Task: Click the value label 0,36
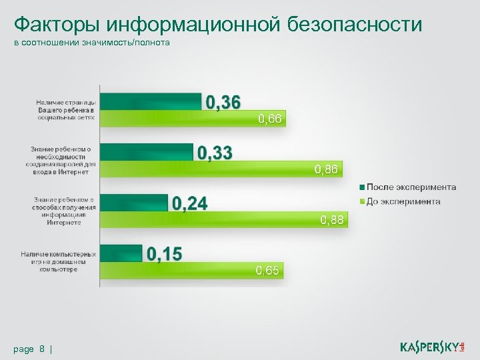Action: point(223,102)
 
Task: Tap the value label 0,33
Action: point(215,153)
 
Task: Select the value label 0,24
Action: point(189,203)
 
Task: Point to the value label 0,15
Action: point(163,254)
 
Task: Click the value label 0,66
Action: point(270,119)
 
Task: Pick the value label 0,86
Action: point(327,170)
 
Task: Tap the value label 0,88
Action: point(332,220)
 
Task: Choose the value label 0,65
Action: point(269,271)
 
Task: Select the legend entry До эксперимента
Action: point(403,201)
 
